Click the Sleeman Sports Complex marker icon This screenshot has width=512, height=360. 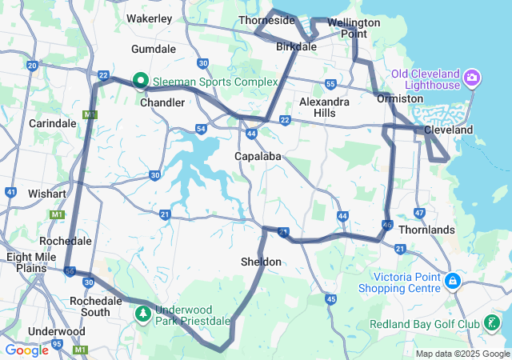(x=141, y=80)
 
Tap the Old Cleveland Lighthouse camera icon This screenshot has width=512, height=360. (x=472, y=78)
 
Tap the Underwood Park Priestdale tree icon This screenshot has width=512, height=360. (x=143, y=313)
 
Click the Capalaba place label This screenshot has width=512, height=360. (x=257, y=156)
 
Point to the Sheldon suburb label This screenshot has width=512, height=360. (x=261, y=262)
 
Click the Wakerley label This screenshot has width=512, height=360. (x=150, y=17)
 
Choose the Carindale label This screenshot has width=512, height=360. (x=52, y=123)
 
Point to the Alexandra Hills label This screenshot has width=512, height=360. (x=324, y=107)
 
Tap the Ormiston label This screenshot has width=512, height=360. (x=400, y=98)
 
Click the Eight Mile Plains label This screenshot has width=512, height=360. (x=30, y=263)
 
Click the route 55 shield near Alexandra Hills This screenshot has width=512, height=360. (x=330, y=84)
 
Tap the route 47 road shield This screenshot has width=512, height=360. (x=419, y=213)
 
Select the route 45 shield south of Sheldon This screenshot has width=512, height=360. (x=330, y=299)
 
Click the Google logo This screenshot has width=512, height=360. (x=26, y=350)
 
